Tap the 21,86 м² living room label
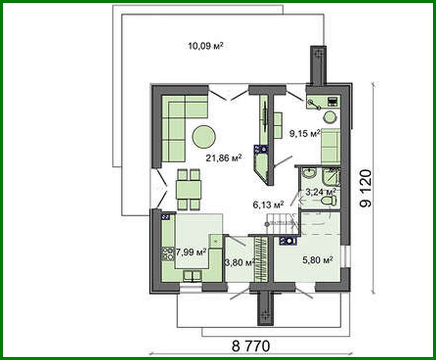pyautogui.click(x=224, y=158)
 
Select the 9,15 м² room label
pyautogui.click(x=304, y=133)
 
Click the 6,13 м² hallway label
pyautogui.click(x=268, y=205)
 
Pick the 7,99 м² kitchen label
pyautogui.click(x=191, y=252)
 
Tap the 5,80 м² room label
pyautogui.click(x=317, y=260)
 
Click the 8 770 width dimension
pyautogui.click(x=251, y=346)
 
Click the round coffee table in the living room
pyautogui.click(x=204, y=137)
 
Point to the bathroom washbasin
pyautogui.click(x=308, y=173)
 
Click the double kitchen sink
pyautogui.click(x=192, y=275)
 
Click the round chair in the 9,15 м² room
pyautogui.click(x=330, y=116)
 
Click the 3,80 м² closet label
pyautogui.click(x=240, y=263)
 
